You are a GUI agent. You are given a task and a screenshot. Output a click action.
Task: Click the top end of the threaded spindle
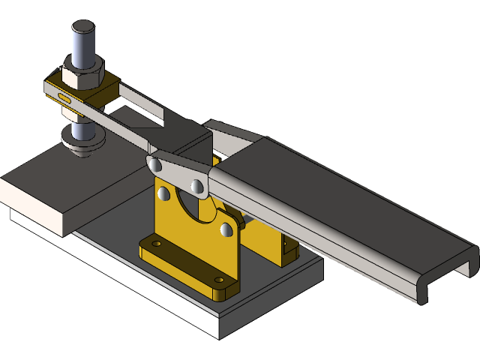(83, 30)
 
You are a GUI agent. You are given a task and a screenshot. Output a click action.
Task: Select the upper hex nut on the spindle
(83, 74)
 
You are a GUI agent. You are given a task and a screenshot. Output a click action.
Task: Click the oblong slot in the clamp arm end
(64, 97)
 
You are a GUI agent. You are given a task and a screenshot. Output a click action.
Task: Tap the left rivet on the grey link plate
(154, 163)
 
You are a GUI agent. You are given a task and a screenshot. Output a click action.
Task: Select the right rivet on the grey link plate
(197, 184)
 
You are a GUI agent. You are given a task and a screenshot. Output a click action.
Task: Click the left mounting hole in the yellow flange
(156, 244)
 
